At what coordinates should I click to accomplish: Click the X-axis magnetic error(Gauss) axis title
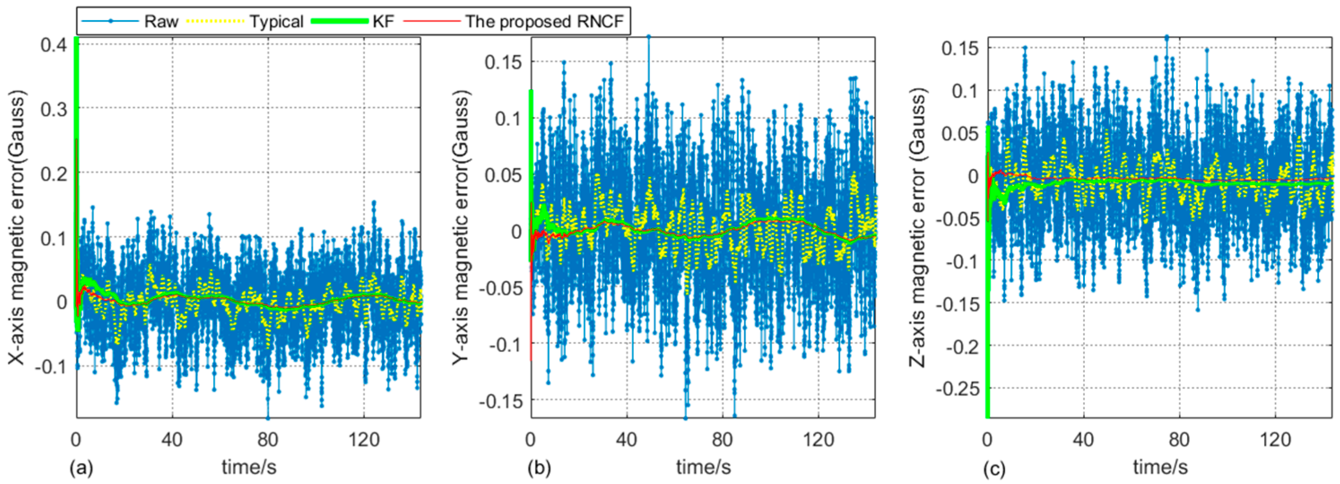(x=17, y=227)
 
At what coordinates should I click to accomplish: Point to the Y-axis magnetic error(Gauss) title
(x=461, y=227)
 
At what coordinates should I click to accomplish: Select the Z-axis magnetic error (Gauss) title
(x=919, y=227)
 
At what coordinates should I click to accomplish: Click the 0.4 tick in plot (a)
(x=54, y=45)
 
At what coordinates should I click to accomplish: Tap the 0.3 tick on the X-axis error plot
(x=54, y=108)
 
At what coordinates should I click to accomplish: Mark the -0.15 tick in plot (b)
(x=503, y=401)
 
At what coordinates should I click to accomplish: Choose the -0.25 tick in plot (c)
(x=957, y=389)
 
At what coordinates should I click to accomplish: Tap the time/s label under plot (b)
(x=703, y=467)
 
